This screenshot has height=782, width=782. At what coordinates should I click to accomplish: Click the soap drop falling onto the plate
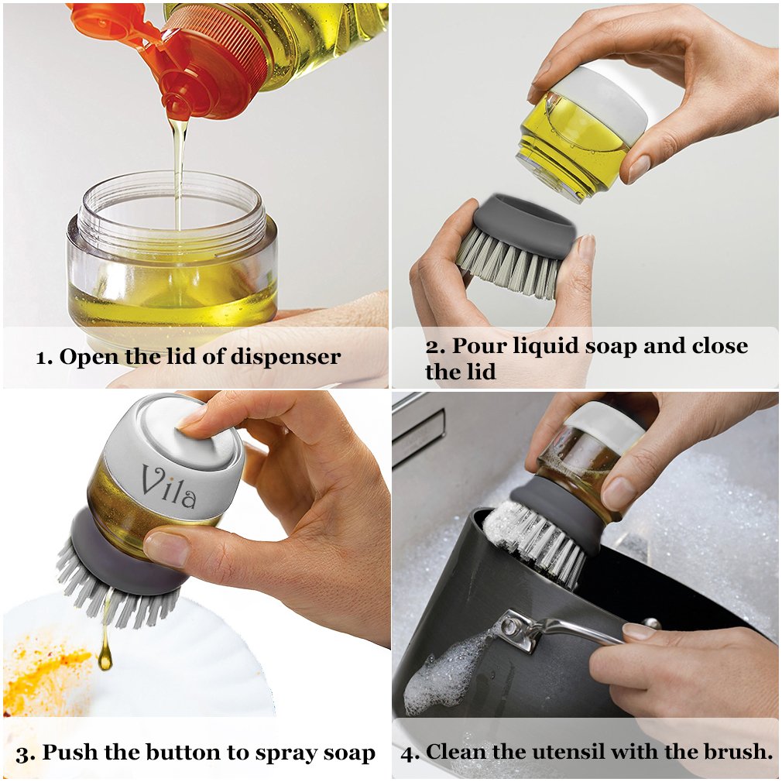point(105,657)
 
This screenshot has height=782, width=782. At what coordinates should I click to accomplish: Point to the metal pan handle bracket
point(520,631)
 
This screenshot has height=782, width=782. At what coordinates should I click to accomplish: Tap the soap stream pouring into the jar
point(178,170)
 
